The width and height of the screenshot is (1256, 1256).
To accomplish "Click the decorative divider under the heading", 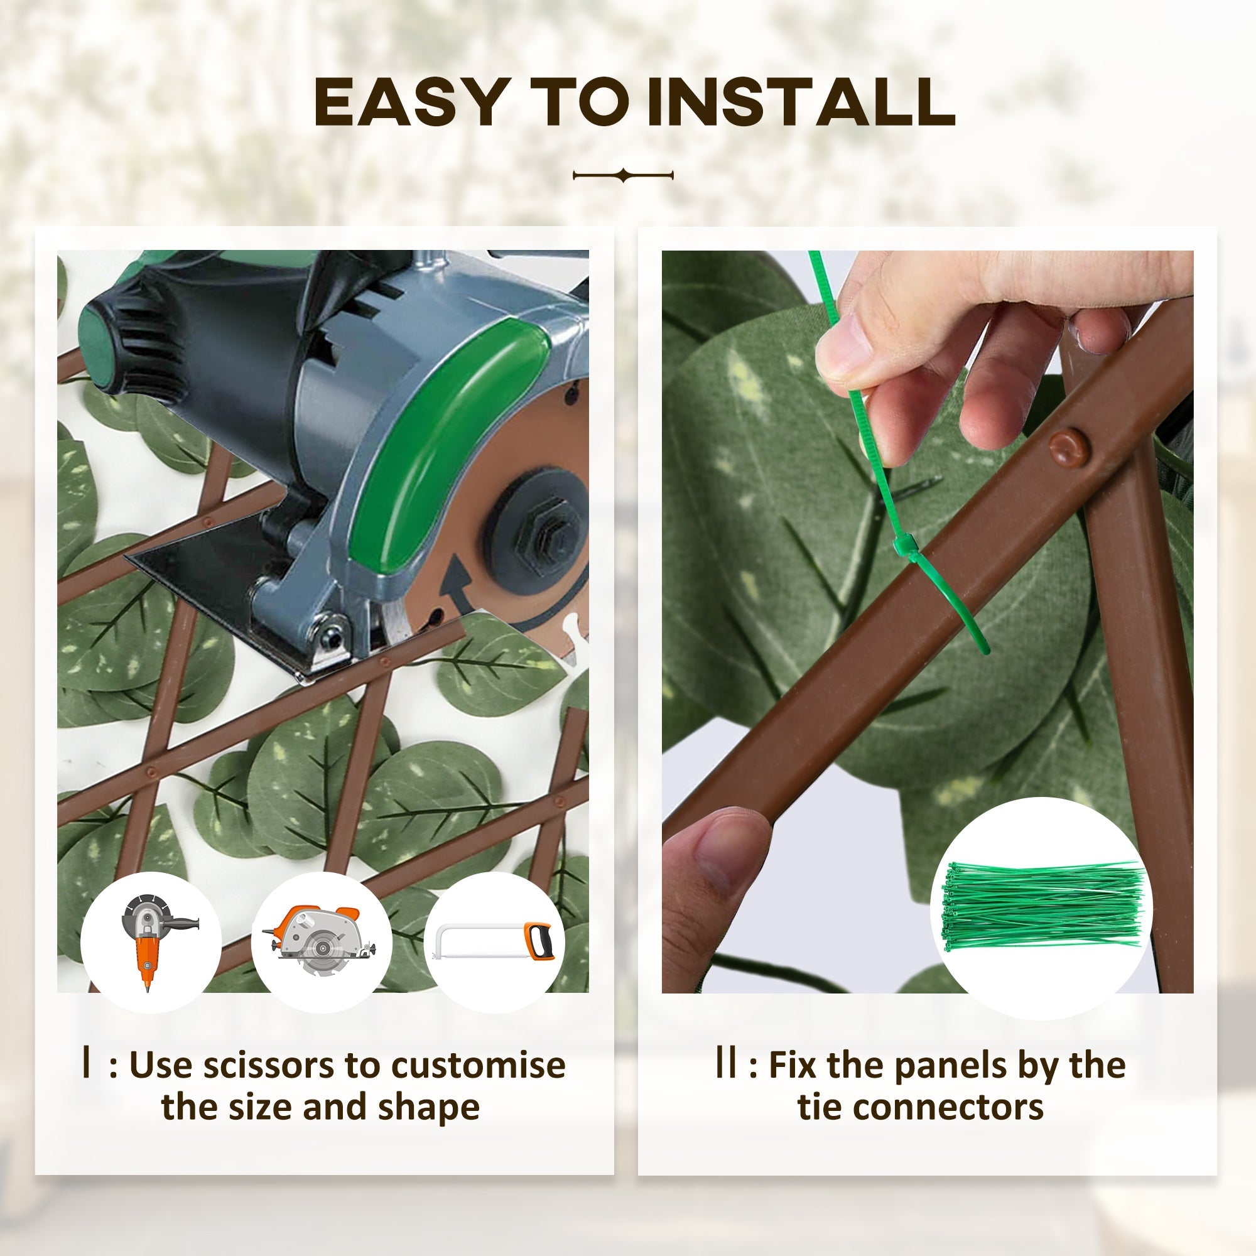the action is [623, 175].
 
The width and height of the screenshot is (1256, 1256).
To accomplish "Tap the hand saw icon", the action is [494, 941].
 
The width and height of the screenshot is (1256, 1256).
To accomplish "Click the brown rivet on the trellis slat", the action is [1068, 448].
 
